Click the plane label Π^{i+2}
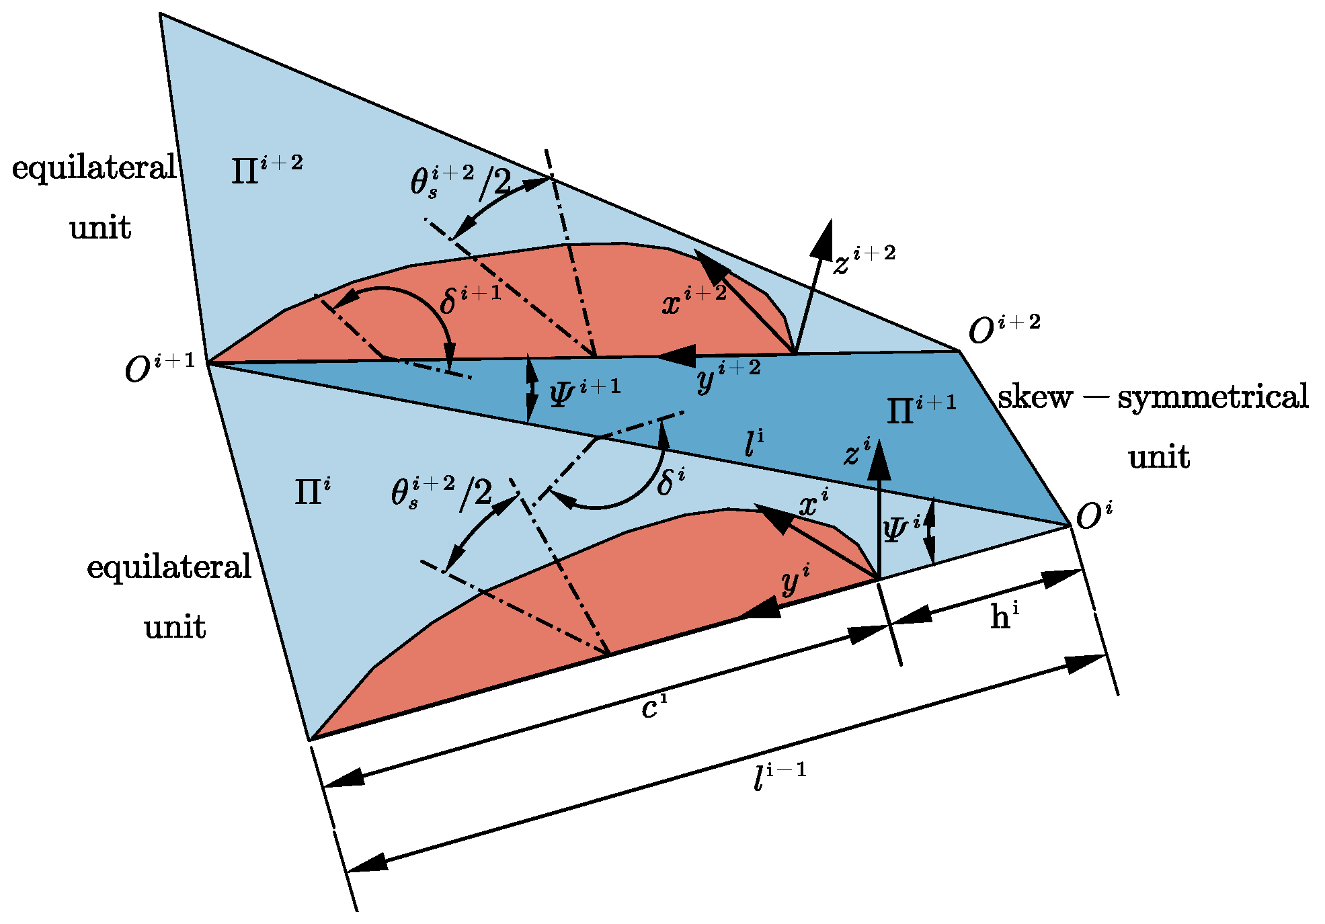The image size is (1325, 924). [266, 169]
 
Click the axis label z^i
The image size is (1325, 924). [857, 452]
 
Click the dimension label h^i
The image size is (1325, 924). [1004, 616]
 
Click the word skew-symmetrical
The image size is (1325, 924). [1153, 396]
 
